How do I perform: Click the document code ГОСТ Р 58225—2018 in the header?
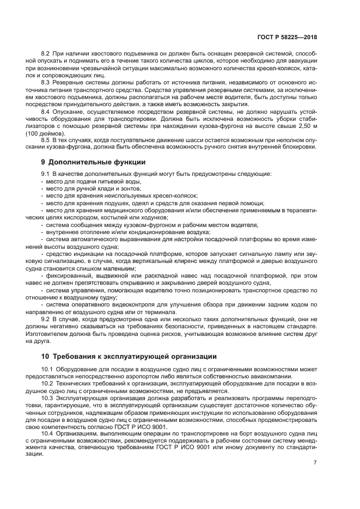pos(286,38)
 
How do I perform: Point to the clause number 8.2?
pos(46,55)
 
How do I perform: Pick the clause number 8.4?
pos(46,112)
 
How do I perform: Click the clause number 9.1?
pos(46,174)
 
